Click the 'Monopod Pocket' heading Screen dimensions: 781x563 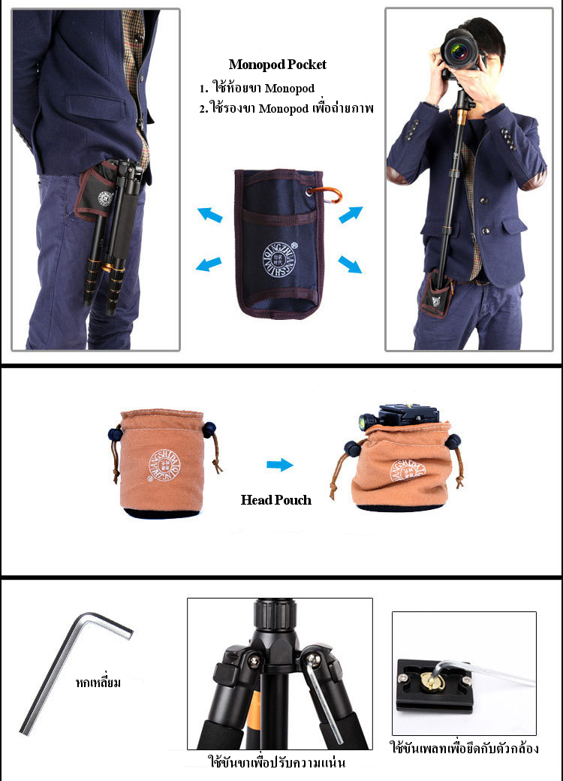277,65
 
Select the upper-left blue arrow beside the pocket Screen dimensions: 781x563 210,216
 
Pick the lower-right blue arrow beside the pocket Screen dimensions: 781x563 350,264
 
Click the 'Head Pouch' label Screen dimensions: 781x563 275,500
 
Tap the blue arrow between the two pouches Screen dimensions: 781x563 279,466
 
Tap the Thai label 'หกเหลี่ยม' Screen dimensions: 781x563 98,683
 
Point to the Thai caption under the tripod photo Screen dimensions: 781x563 276,763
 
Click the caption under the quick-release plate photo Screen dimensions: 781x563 464,749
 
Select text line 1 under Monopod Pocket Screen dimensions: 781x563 257,89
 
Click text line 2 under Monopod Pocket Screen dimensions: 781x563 286,109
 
